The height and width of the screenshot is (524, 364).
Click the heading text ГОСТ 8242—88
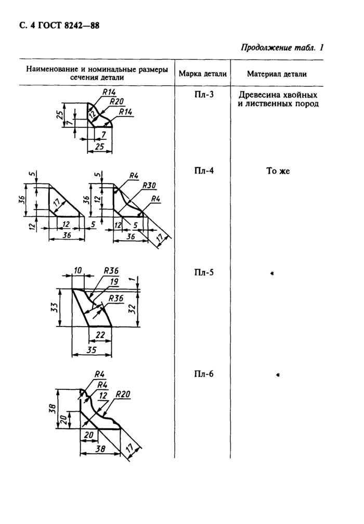tap(66, 26)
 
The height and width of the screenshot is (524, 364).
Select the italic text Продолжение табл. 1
tap(282, 48)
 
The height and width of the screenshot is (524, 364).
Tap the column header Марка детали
tap(203, 74)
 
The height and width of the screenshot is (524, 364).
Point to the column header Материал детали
tap(277, 74)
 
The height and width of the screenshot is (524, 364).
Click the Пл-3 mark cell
tap(203, 94)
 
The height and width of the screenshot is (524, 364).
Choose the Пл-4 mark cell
tap(203, 171)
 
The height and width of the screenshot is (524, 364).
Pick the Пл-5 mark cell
tap(203, 272)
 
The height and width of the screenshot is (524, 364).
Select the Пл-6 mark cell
tap(203, 374)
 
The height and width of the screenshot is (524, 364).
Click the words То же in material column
tap(278, 171)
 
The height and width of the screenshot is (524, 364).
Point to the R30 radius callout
tap(149, 185)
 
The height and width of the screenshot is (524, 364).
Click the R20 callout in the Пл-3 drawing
tap(116, 101)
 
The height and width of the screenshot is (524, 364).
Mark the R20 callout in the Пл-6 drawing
tap(123, 395)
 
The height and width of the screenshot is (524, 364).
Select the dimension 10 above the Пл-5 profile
tap(77, 270)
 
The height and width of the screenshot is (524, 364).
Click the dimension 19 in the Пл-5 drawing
tap(114, 282)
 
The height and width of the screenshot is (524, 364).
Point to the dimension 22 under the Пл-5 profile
tap(100, 335)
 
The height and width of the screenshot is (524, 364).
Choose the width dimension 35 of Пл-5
tap(91, 349)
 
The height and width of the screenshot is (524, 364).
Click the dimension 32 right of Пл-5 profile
tap(132, 308)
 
